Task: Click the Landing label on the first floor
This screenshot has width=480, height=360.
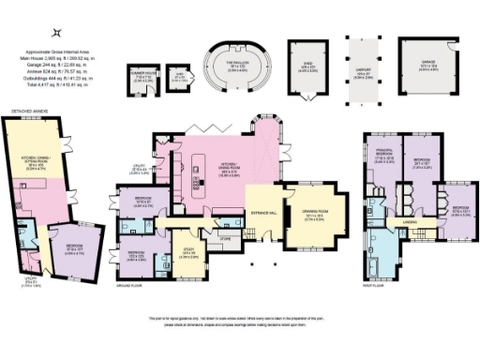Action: [x=410, y=221]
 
